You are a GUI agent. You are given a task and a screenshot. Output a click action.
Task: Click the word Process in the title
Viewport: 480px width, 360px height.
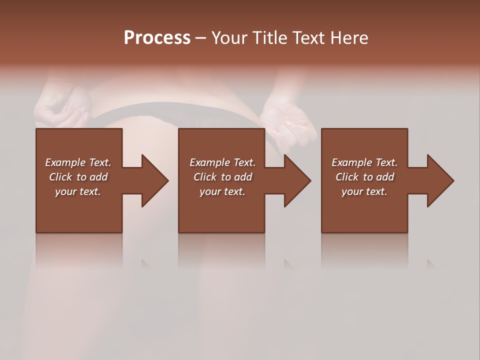pyautogui.click(x=157, y=38)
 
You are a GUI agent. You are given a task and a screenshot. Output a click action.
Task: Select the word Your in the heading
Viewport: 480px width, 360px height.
pyautogui.click(x=230, y=38)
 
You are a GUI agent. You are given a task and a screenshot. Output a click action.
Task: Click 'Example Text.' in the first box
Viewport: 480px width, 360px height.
pyautogui.click(x=78, y=162)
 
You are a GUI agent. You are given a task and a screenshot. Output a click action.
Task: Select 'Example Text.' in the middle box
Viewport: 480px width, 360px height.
pyautogui.click(x=222, y=162)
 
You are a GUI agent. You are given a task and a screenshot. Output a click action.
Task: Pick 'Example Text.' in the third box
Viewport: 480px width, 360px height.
pyautogui.click(x=364, y=162)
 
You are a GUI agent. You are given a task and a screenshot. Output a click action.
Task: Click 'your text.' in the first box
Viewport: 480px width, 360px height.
pyautogui.click(x=78, y=191)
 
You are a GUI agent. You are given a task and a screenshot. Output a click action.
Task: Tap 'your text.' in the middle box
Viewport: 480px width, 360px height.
pyautogui.click(x=222, y=191)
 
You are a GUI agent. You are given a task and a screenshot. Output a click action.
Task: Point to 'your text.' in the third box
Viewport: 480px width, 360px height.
pyautogui.click(x=364, y=191)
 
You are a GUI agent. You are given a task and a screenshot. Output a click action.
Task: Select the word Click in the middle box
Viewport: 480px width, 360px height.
pyautogui.click(x=205, y=177)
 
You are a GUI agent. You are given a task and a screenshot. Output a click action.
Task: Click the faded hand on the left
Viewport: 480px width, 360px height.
pyautogui.click(x=62, y=105)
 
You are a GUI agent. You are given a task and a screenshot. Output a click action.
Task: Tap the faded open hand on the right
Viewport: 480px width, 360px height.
pyautogui.click(x=290, y=120)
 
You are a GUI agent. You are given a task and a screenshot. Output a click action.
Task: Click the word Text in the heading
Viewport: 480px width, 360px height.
pyautogui.click(x=305, y=38)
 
